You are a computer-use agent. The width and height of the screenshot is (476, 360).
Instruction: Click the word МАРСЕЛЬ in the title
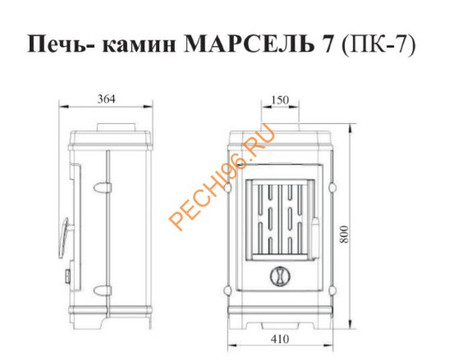coord(249,44)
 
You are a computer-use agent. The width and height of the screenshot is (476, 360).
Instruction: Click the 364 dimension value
coord(106,99)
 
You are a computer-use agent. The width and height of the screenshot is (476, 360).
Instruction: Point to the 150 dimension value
coord(280,100)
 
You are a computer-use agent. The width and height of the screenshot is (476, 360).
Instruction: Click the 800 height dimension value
coord(344,234)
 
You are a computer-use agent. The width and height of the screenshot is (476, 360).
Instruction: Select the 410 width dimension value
coord(280,339)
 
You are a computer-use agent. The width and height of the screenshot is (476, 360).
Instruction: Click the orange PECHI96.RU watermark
coord(222,177)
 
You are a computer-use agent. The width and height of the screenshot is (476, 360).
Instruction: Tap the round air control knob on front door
coord(280,276)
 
